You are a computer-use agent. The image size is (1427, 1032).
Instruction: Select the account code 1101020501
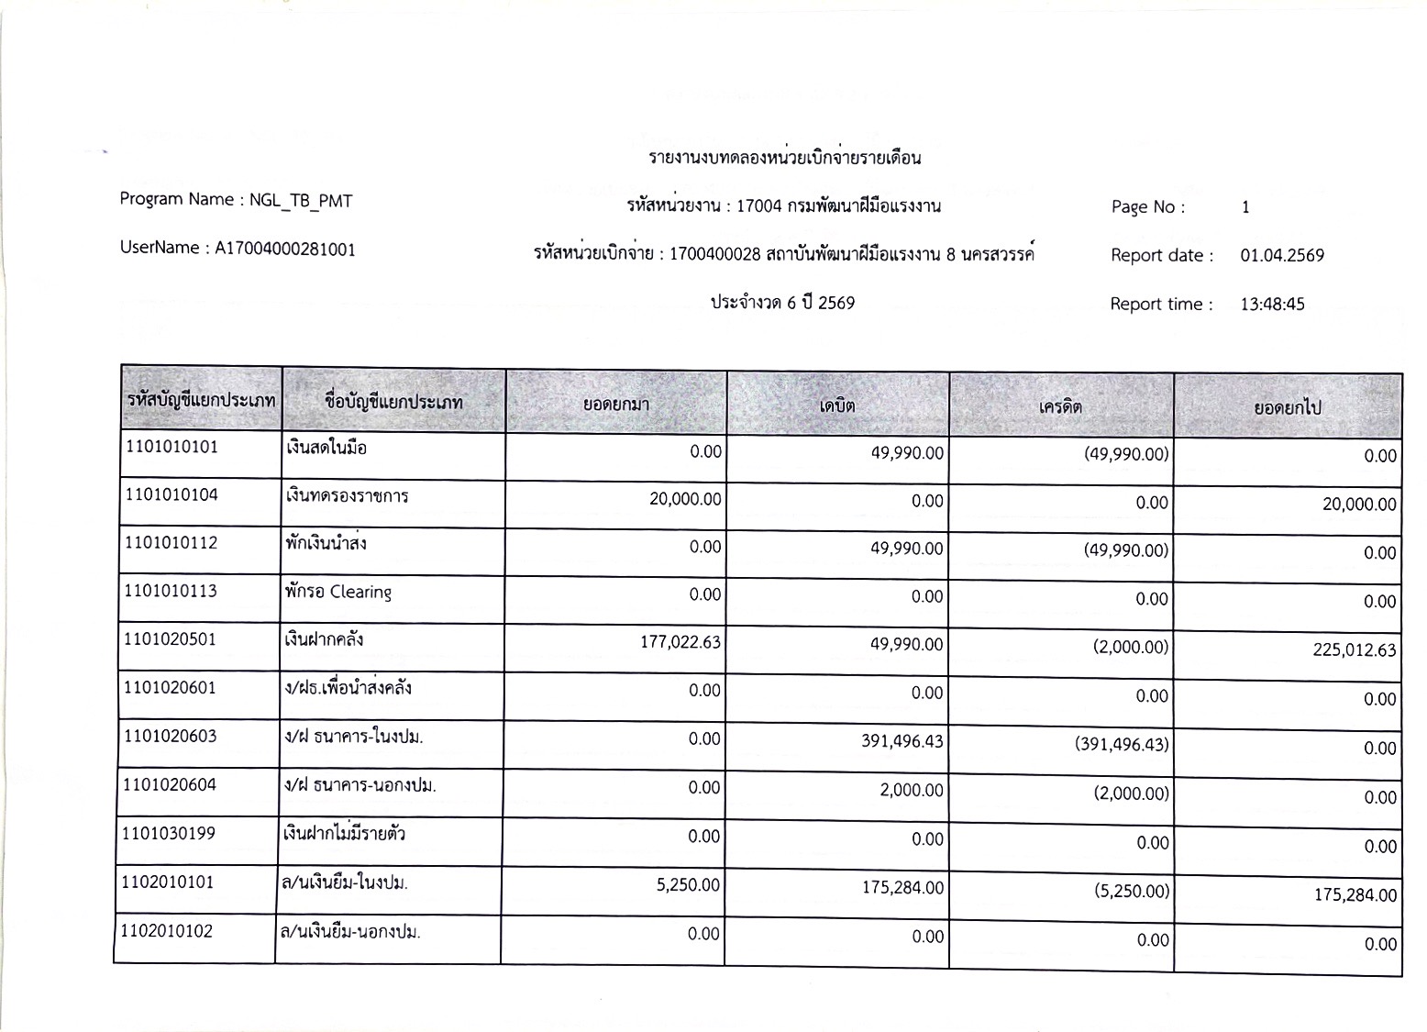point(171,639)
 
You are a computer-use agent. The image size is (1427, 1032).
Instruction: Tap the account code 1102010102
point(167,931)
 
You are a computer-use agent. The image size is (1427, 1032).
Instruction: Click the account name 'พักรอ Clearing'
point(338,592)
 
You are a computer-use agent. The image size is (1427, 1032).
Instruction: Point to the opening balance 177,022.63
point(680,642)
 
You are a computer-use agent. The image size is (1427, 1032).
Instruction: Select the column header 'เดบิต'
point(837,405)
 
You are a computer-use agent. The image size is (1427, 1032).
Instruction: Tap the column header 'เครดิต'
point(1060,405)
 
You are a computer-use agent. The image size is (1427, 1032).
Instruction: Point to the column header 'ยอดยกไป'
point(1287,407)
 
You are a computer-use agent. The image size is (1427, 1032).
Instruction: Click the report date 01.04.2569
point(1282,256)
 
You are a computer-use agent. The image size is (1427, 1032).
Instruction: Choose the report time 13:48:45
point(1272,305)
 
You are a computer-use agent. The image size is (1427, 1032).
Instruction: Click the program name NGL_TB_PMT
point(301,201)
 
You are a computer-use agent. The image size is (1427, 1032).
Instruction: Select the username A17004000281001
point(285,249)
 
